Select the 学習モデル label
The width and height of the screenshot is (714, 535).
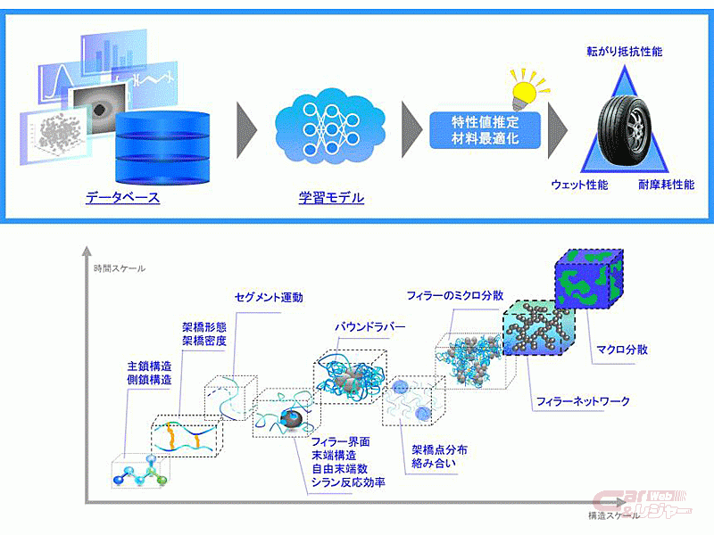(x=331, y=197)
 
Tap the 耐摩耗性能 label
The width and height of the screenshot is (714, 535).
(x=668, y=185)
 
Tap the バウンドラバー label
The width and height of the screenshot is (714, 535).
(x=369, y=327)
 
